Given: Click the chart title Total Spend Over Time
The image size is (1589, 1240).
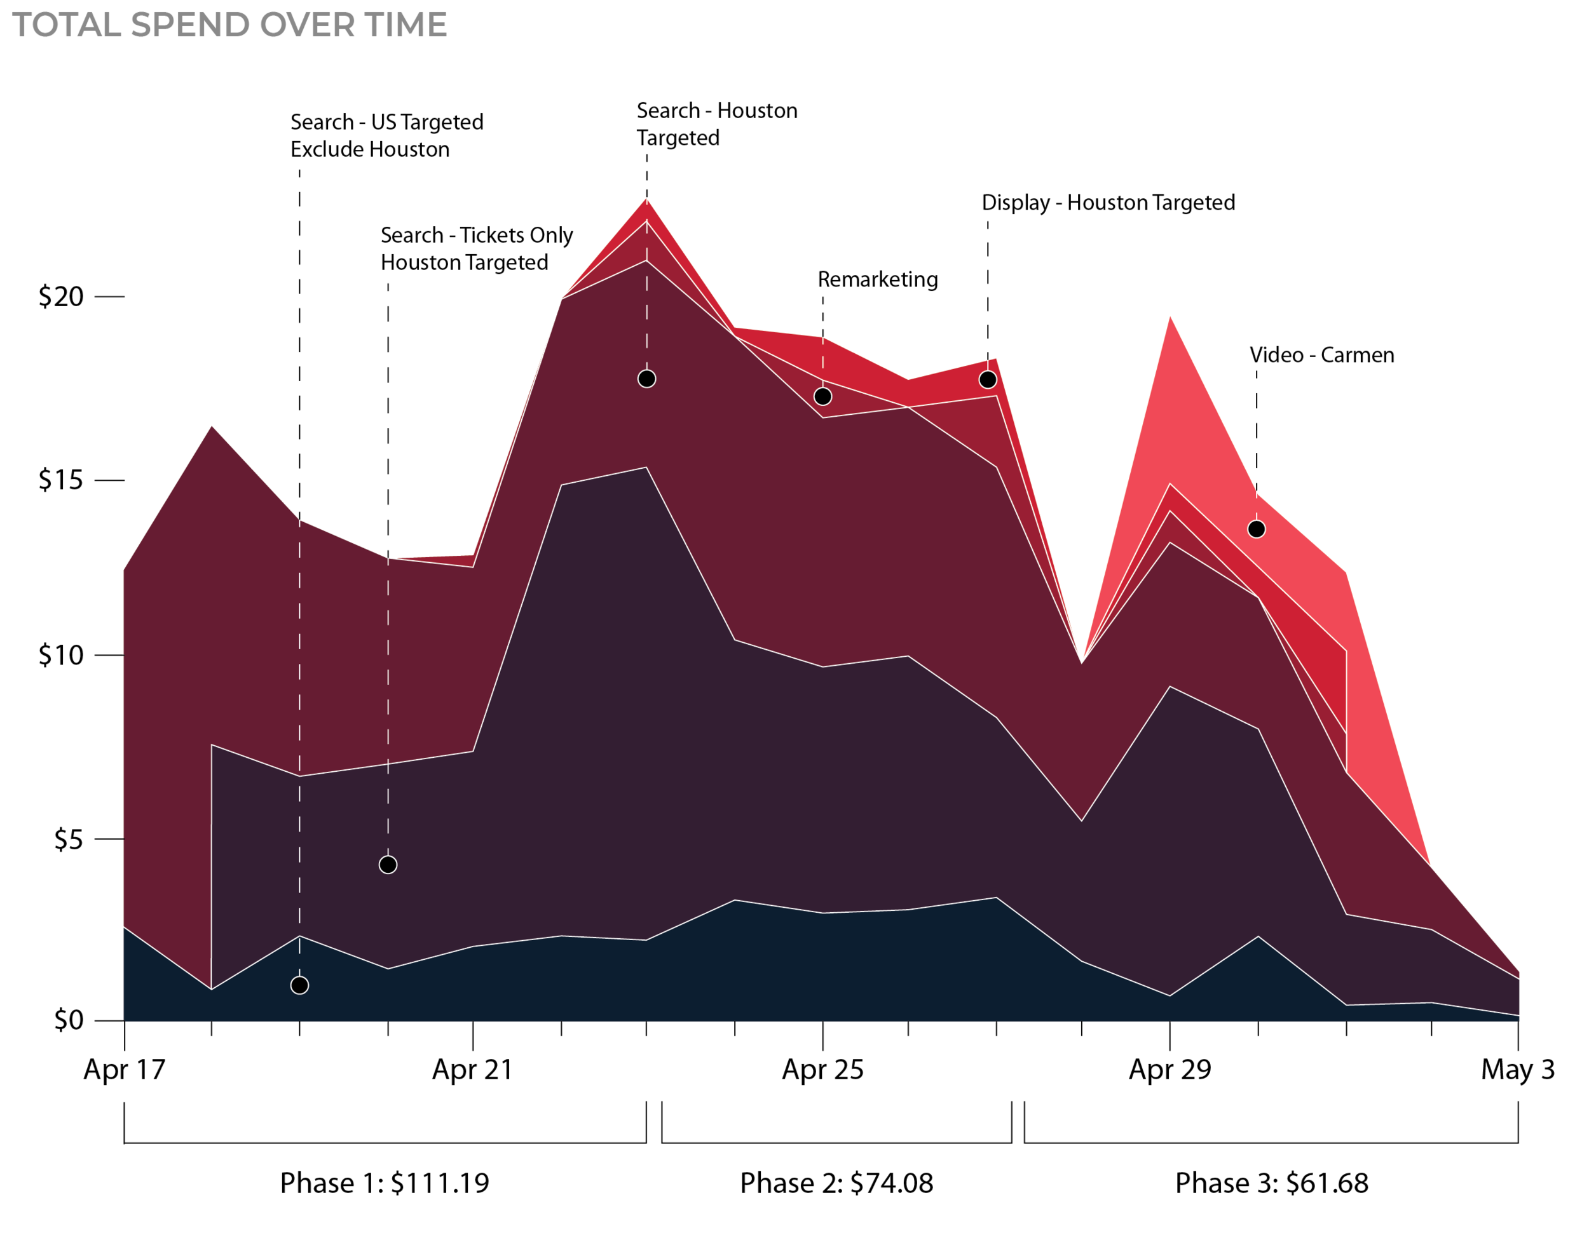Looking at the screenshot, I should pyautogui.click(x=229, y=25).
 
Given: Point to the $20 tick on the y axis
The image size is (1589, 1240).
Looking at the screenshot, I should pyautogui.click(x=62, y=297).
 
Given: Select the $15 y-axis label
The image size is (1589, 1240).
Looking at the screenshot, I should pyautogui.click(x=62, y=480).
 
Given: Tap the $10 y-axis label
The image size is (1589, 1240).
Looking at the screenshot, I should pyautogui.click(x=62, y=656).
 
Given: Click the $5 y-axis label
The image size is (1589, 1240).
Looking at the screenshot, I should pyautogui.click(x=69, y=840).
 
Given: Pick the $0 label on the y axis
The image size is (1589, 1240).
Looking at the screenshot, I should pyautogui.click(x=69, y=1020).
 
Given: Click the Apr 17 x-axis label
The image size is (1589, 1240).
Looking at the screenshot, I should pyautogui.click(x=125, y=1070).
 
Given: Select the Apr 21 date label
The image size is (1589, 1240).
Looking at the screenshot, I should pyautogui.click(x=472, y=1070).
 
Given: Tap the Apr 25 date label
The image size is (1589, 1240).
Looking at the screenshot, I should pyautogui.click(x=823, y=1070).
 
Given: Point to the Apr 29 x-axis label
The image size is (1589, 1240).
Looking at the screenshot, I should pyautogui.click(x=1170, y=1070).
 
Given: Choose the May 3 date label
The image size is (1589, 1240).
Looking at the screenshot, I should pyautogui.click(x=1518, y=1070).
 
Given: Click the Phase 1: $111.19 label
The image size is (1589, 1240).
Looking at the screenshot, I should pyautogui.click(x=385, y=1183).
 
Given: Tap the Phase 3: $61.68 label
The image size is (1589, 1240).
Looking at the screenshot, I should pyautogui.click(x=1272, y=1183).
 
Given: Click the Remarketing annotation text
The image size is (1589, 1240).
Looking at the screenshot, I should pyautogui.click(x=877, y=280).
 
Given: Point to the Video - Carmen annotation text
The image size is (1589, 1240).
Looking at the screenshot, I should pyautogui.click(x=1321, y=355).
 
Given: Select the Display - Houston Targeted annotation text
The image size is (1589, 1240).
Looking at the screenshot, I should pyautogui.click(x=1108, y=202).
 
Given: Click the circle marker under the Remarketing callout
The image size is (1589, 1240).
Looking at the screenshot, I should pyautogui.click(x=823, y=396).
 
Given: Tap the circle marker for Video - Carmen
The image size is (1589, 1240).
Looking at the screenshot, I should pyautogui.click(x=1257, y=529).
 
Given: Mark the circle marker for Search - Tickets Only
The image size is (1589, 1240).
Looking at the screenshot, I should pyautogui.click(x=388, y=865).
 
